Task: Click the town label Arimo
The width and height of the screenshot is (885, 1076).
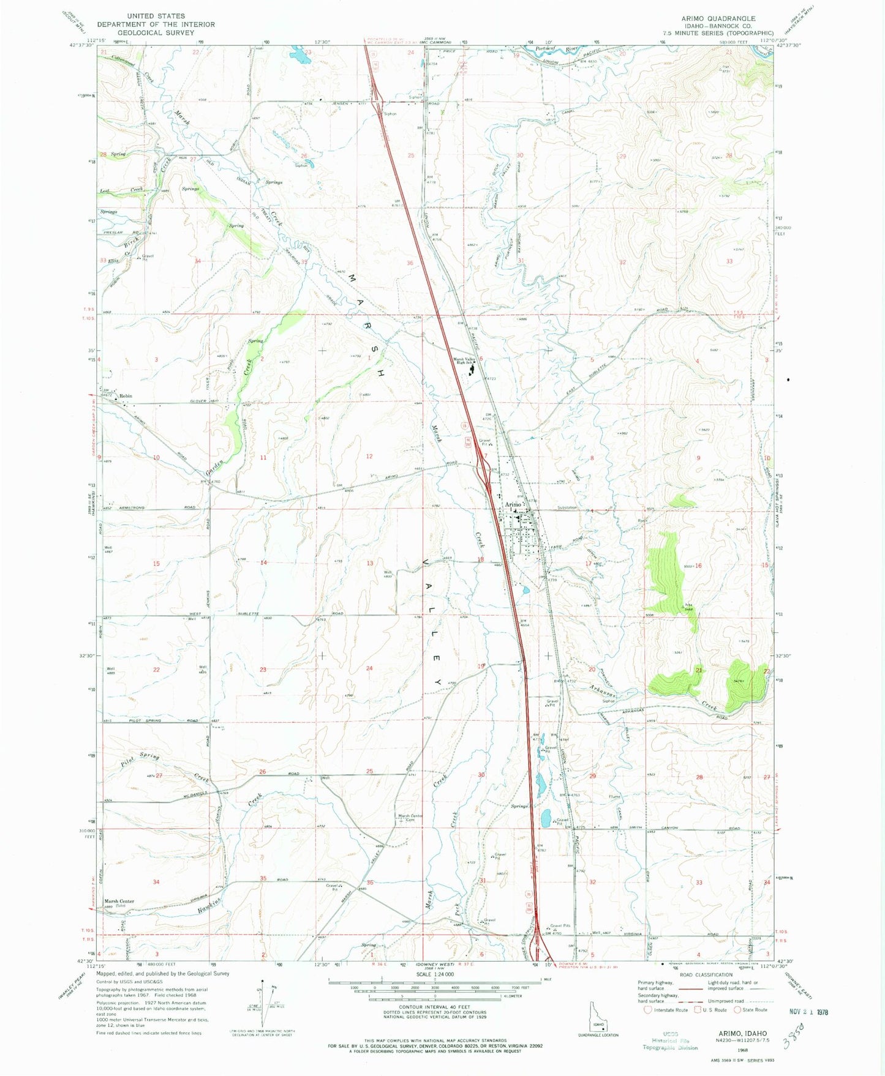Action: click(513, 504)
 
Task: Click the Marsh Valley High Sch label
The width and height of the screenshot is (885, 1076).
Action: click(463, 361)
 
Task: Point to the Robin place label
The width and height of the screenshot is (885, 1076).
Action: click(126, 396)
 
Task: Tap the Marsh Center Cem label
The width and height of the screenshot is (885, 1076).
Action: click(410, 818)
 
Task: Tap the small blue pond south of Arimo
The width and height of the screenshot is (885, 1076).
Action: click(525, 591)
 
